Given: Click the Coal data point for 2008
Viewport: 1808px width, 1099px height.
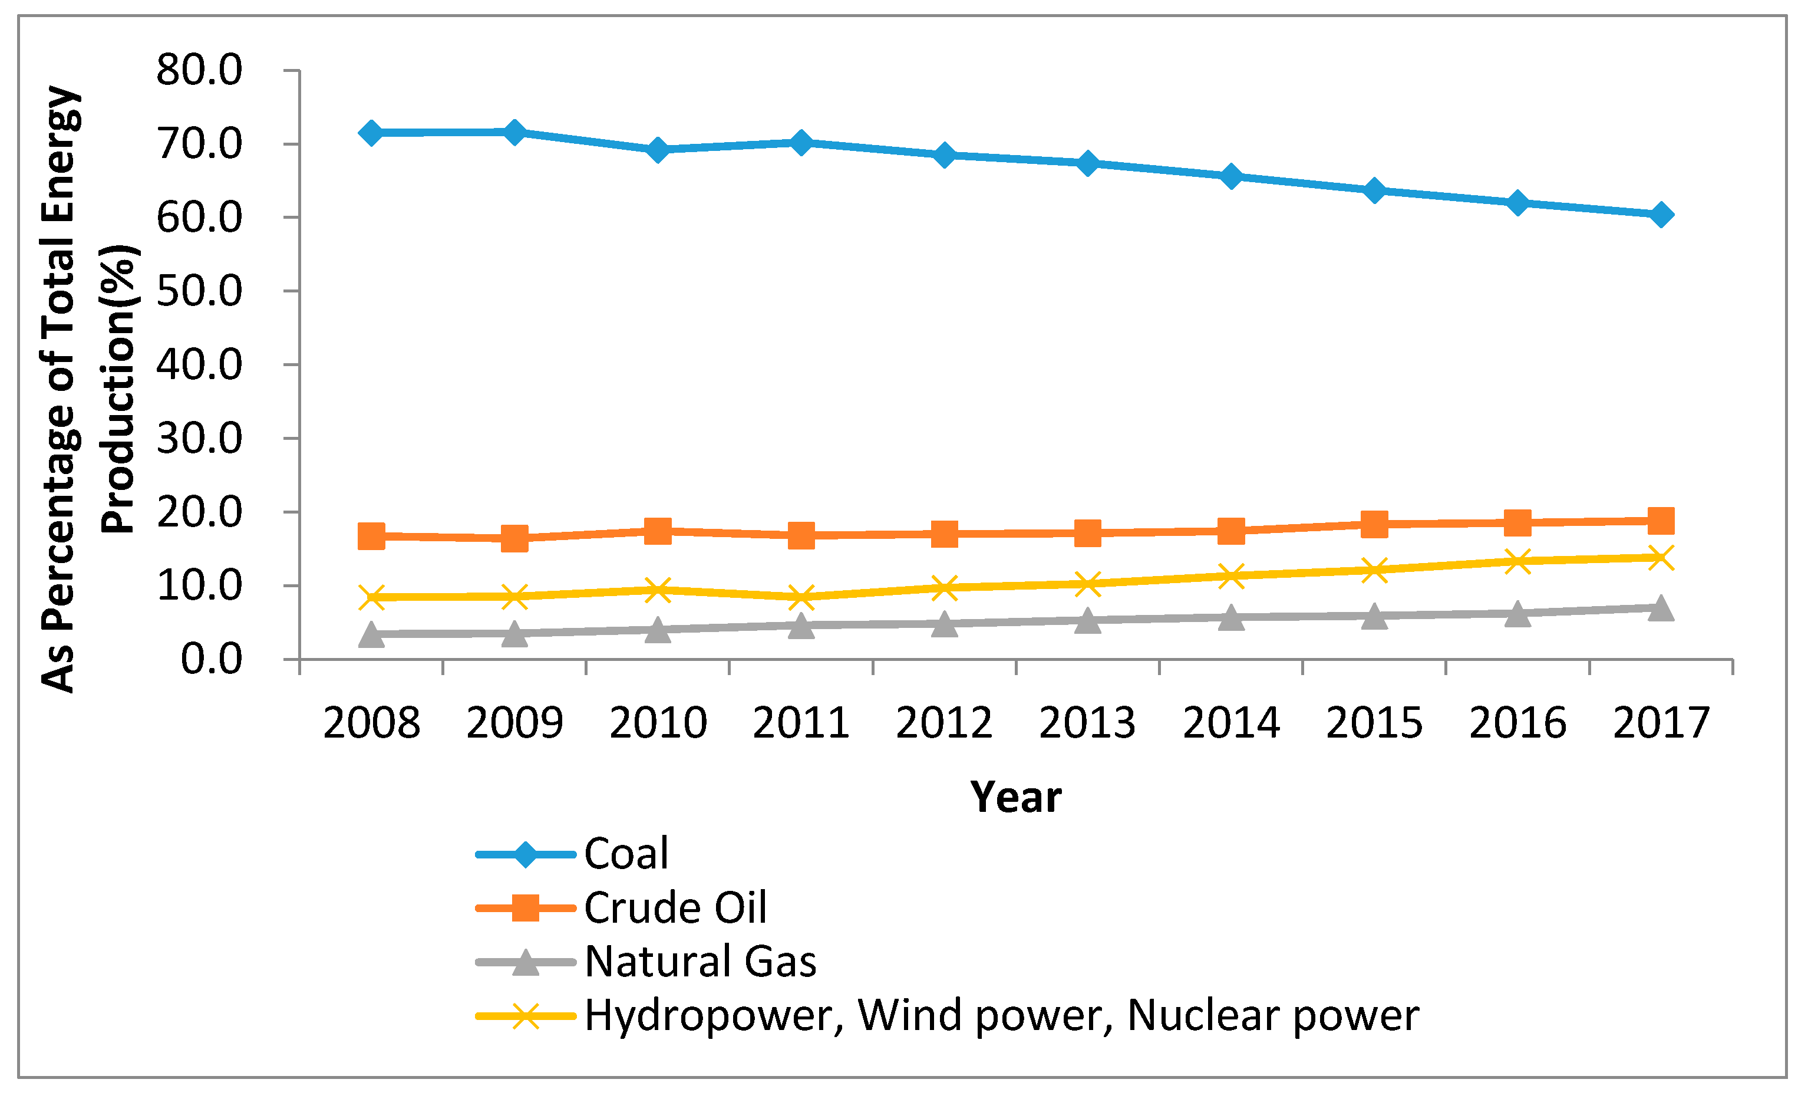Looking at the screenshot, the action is [371, 133].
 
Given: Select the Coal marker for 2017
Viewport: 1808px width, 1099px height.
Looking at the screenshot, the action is [1661, 215].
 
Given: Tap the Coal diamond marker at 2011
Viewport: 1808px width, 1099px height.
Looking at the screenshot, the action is [801, 143].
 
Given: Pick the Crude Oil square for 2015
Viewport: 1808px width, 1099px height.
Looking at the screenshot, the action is [1374, 524].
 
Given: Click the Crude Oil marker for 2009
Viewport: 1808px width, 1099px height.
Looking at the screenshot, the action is [514, 538].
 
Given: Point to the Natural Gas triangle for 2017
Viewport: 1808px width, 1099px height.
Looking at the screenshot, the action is [1661, 608].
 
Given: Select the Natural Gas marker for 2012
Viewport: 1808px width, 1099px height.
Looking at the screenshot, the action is [944, 624].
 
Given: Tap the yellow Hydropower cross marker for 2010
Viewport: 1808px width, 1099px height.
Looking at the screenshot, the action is [658, 590].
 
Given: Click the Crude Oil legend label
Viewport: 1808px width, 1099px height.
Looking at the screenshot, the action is [675, 908].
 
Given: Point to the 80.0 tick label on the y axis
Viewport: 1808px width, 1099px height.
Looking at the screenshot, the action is [199, 71].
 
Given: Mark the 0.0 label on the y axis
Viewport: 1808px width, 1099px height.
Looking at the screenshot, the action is [212, 659].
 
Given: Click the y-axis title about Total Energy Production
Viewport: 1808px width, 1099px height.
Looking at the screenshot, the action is [88, 389].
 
